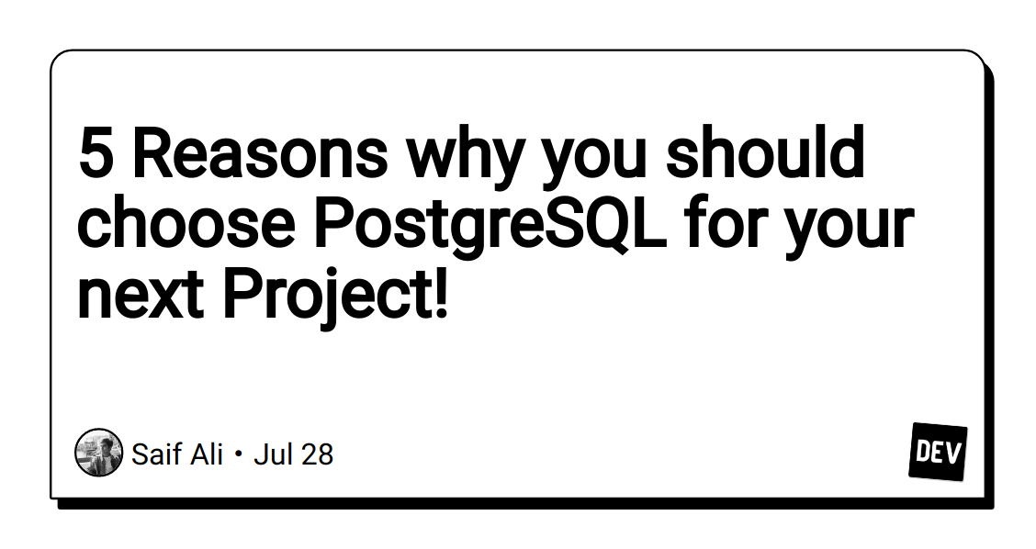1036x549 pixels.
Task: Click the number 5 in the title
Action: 95,154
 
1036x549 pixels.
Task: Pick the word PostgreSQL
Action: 490,225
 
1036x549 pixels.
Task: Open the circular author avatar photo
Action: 98,453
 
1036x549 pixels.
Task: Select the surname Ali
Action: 206,454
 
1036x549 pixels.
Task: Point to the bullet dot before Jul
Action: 239,454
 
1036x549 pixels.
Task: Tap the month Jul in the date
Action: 270,454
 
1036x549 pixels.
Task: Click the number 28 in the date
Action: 315,454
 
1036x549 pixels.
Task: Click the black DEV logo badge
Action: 938,452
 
